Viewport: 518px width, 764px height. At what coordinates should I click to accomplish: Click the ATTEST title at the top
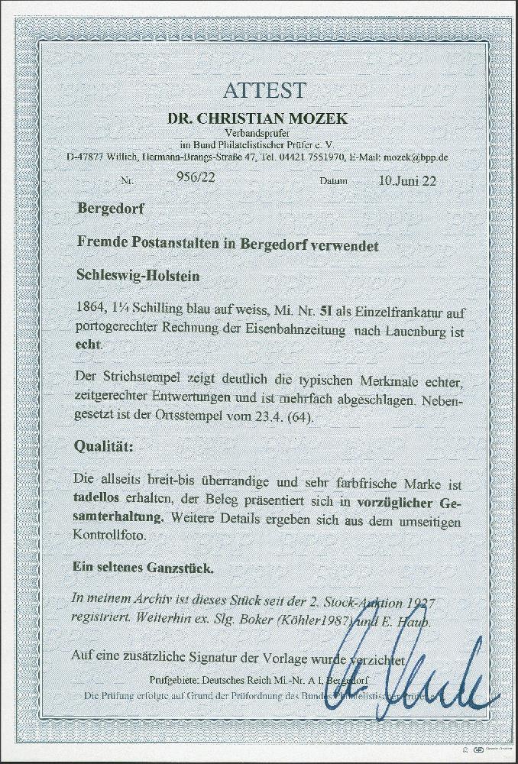264,89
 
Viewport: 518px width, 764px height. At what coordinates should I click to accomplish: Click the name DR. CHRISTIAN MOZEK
264,118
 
